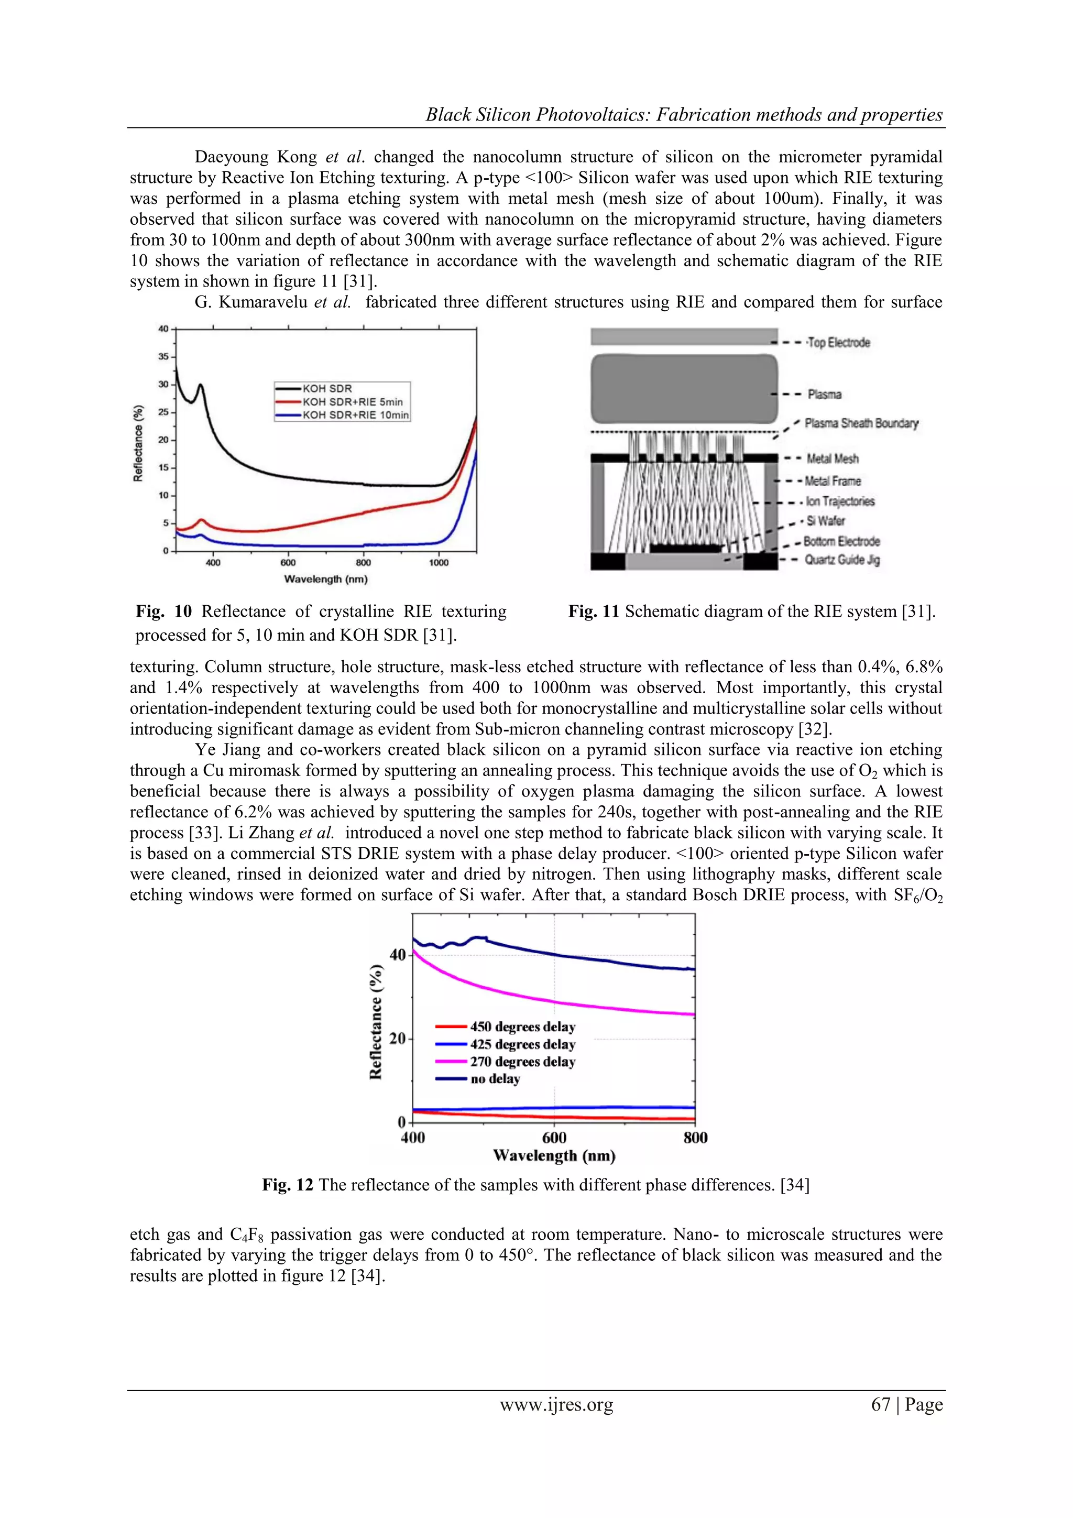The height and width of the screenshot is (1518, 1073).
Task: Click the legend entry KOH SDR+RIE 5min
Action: [x=353, y=402]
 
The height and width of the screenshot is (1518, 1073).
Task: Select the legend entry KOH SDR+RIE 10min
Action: [x=355, y=415]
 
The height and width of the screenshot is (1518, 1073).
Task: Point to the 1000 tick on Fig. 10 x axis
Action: [x=439, y=563]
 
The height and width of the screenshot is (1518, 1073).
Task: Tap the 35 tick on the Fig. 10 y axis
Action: [x=162, y=356]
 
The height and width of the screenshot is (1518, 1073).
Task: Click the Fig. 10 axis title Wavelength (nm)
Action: [x=325, y=579]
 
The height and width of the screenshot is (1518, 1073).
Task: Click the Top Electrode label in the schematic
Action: [x=838, y=343]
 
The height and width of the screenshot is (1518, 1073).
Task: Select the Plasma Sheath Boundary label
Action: [x=861, y=423]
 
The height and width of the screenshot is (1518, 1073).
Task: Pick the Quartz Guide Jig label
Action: [x=841, y=560]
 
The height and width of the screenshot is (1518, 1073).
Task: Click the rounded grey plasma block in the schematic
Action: [x=684, y=389]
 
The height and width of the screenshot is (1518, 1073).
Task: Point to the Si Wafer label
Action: [x=826, y=521]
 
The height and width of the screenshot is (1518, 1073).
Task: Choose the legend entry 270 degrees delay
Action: [x=522, y=1062]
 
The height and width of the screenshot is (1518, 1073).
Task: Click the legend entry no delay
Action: [x=495, y=1079]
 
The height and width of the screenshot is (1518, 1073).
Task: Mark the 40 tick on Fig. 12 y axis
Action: [x=397, y=955]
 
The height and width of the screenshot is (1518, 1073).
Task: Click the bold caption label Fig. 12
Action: [x=287, y=1185]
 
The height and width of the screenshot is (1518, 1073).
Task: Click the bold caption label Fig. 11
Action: [x=593, y=611]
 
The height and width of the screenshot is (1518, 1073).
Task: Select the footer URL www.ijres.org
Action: [x=556, y=1404]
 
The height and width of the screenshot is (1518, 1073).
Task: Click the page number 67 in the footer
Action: [x=881, y=1404]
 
